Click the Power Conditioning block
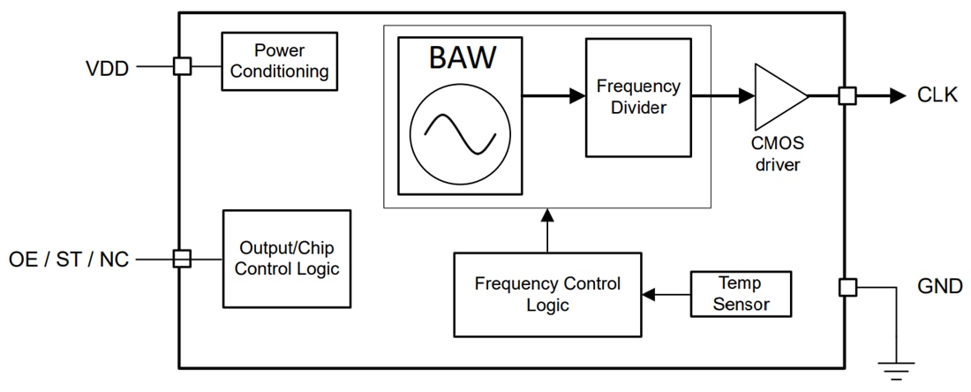pyautogui.click(x=279, y=61)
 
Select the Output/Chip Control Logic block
pyautogui.click(x=286, y=258)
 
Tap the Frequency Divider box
pyautogui.click(x=638, y=97)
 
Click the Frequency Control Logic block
pyautogui.click(x=547, y=295)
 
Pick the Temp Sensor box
pyautogui.click(x=741, y=294)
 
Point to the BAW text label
pyautogui.click(x=463, y=58)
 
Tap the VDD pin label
pyautogui.click(x=107, y=67)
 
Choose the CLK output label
pyautogui.click(x=937, y=96)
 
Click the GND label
pyautogui.click(x=938, y=286)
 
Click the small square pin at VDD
pyautogui.click(x=182, y=66)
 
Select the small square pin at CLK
pyautogui.click(x=847, y=96)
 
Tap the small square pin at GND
pyautogui.click(x=847, y=287)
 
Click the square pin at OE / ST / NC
pyautogui.click(x=182, y=259)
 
